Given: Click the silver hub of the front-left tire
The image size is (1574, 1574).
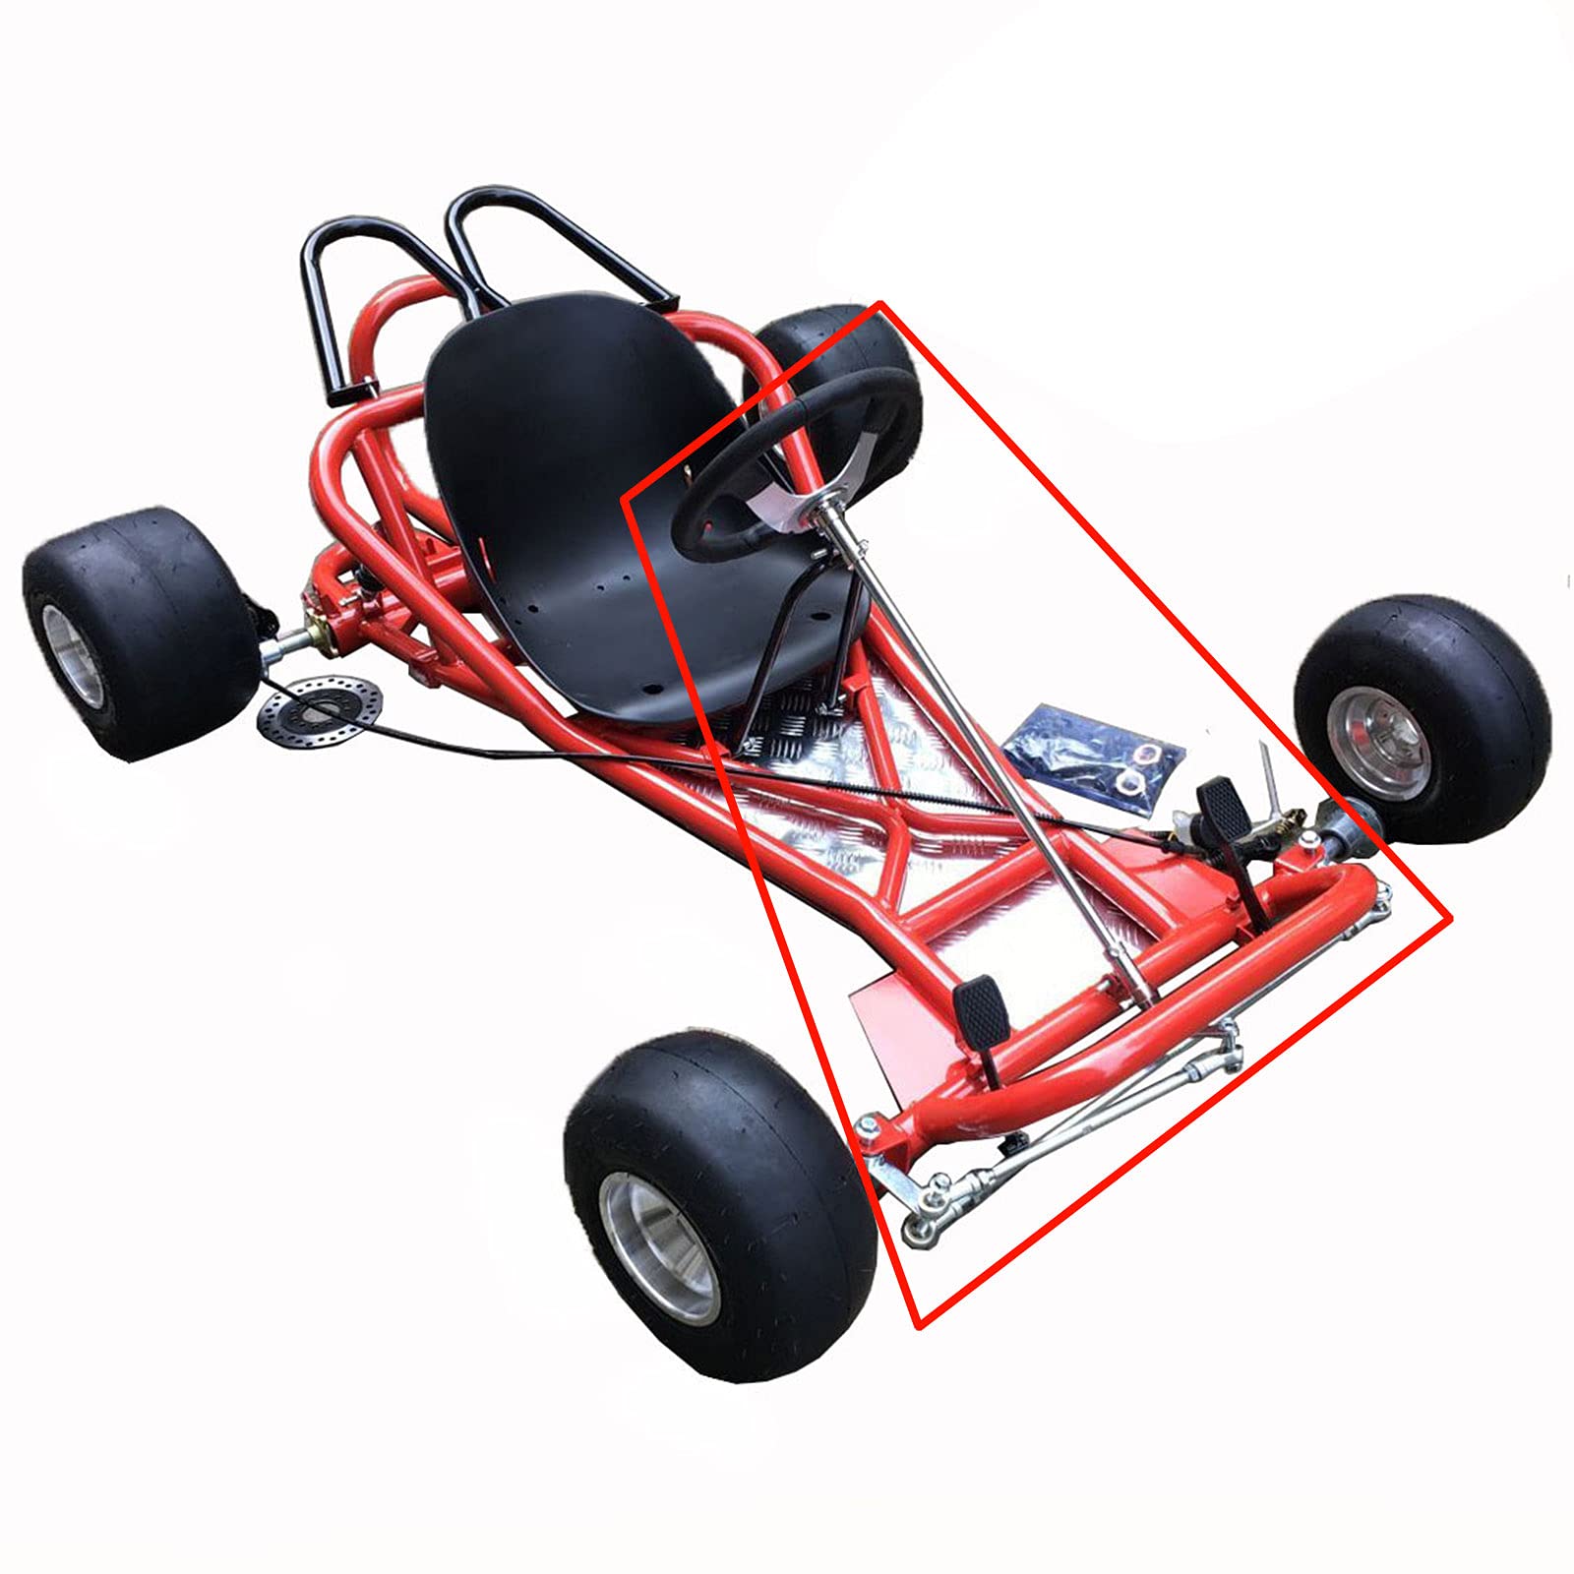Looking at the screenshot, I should [661, 1247].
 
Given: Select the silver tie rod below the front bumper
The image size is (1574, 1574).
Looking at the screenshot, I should [1082, 1131].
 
